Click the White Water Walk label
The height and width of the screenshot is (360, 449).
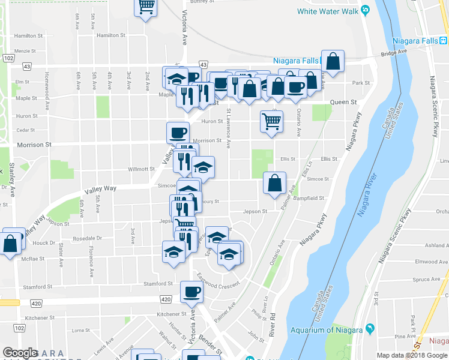[x=328, y=11]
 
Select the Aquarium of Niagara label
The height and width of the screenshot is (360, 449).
[x=327, y=330]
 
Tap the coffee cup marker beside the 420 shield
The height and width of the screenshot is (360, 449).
[x=191, y=292]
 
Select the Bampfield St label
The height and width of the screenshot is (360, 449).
[x=310, y=197]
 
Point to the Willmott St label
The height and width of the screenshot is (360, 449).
[x=142, y=169]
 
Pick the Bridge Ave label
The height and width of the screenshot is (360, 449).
[x=394, y=52]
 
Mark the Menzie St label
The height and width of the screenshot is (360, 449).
[x=25, y=51]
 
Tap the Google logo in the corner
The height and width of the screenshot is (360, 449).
[x=20, y=353]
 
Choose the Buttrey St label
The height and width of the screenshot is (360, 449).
[x=202, y=2]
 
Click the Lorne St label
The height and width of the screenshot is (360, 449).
[x=80, y=330]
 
